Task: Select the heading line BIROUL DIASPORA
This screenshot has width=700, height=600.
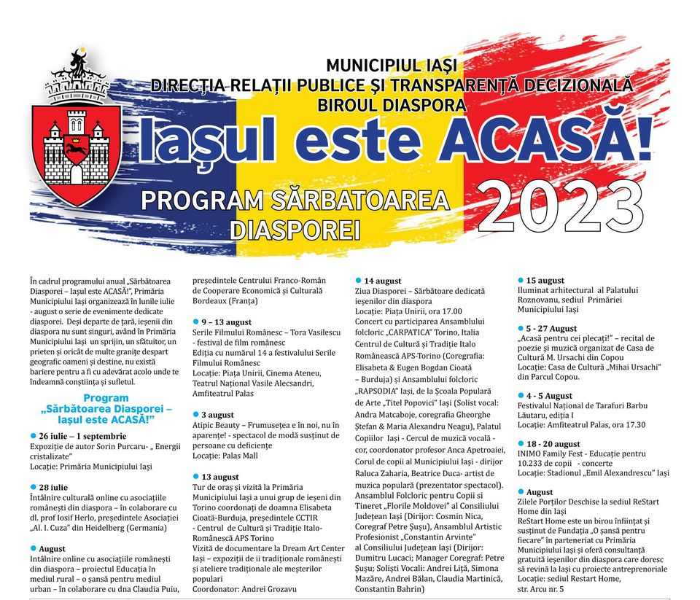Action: [x=392, y=104]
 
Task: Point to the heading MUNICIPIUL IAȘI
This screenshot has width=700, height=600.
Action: [x=391, y=66]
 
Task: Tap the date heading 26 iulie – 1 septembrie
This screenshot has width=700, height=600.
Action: [x=87, y=435]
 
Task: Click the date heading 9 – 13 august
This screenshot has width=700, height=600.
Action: [x=226, y=322]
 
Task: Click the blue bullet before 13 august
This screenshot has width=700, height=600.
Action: [x=195, y=476]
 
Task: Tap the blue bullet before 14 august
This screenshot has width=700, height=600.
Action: [x=358, y=281]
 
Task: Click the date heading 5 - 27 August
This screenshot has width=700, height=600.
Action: [x=551, y=329]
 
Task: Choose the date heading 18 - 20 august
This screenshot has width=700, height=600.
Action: [x=553, y=443]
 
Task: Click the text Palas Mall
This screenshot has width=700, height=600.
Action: [x=241, y=456]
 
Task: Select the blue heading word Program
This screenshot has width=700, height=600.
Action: [x=106, y=398]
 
